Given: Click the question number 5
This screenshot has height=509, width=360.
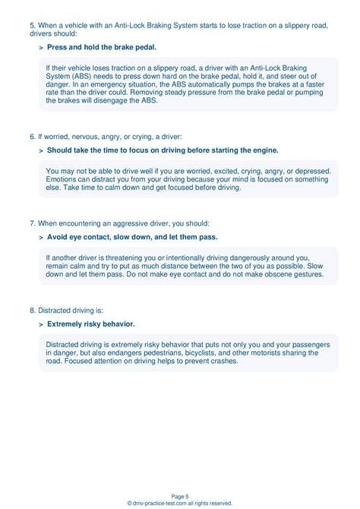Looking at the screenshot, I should point(33,25).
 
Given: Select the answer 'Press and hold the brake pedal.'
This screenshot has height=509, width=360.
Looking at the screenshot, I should point(102,47).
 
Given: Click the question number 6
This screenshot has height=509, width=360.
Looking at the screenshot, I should point(33,137).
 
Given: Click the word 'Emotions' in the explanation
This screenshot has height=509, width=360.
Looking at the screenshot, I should point(63,179).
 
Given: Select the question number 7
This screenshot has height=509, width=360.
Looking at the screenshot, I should point(33,223).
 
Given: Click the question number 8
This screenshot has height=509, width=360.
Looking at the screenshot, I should point(33,310).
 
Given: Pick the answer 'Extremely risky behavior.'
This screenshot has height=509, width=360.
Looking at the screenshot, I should point(91,324).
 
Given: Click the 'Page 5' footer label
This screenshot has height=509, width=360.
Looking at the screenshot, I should point(180,495).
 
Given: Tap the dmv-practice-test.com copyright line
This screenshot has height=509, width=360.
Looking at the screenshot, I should point(180,503).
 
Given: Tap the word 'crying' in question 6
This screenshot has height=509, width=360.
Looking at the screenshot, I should point(134,137).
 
